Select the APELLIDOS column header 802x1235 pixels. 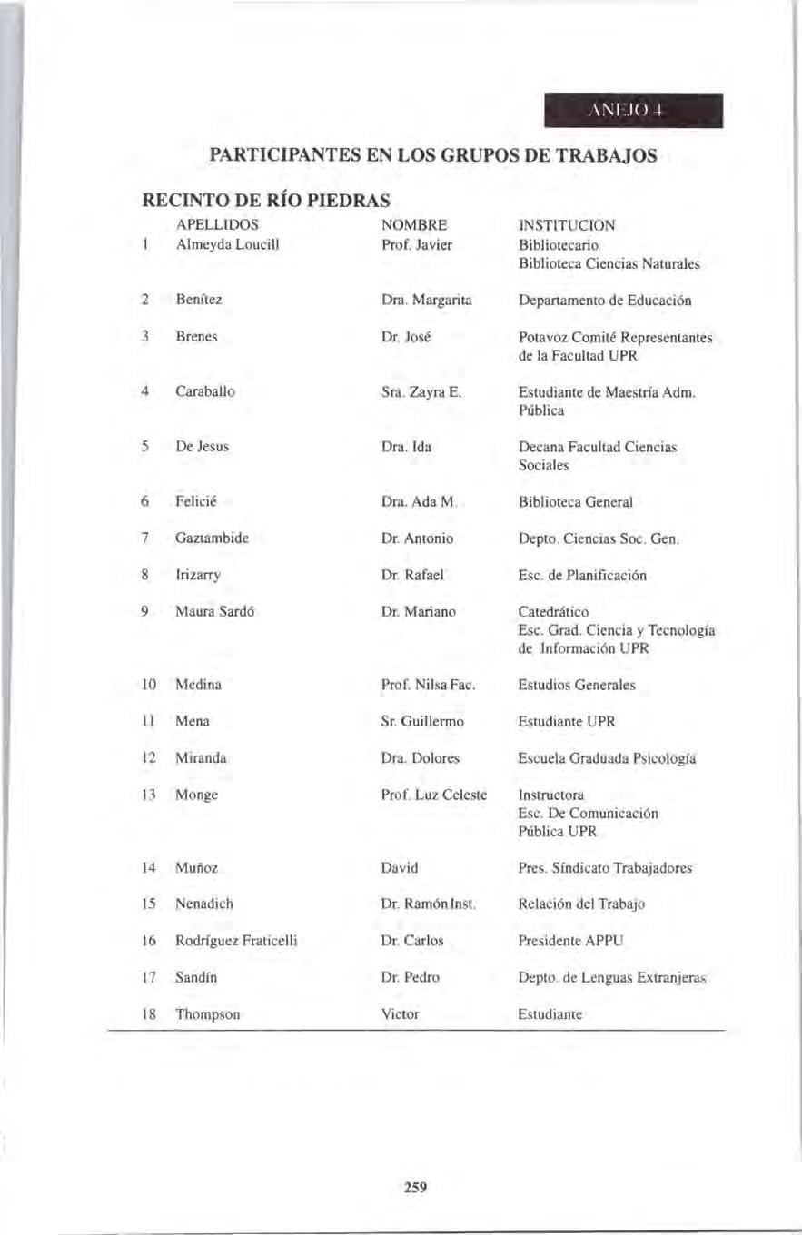(x=217, y=224)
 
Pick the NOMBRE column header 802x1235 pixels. (x=415, y=224)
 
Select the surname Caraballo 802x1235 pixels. (x=206, y=391)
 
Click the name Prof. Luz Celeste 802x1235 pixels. (x=434, y=795)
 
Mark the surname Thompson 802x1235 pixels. (x=208, y=1014)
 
